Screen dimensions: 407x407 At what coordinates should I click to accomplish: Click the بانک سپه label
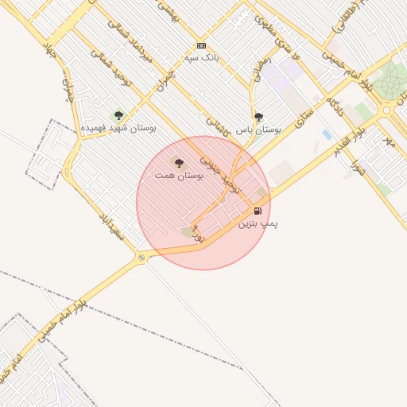coord(201,57)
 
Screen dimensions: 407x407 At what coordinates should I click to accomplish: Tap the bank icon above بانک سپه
coord(201,45)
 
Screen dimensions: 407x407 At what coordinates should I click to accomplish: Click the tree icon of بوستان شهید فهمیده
coord(118,116)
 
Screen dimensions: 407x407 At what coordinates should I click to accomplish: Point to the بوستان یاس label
coord(261,128)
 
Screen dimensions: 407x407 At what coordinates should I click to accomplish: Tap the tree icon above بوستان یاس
coord(258,117)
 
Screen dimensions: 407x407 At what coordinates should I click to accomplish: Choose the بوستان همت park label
coord(179,174)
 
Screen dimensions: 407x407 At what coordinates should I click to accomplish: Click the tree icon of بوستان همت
coord(178,163)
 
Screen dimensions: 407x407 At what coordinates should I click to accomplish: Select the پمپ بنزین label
coord(258,223)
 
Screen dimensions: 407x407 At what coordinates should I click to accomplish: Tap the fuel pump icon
coord(258,211)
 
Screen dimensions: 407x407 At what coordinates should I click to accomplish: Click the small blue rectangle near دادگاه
coord(327,135)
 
